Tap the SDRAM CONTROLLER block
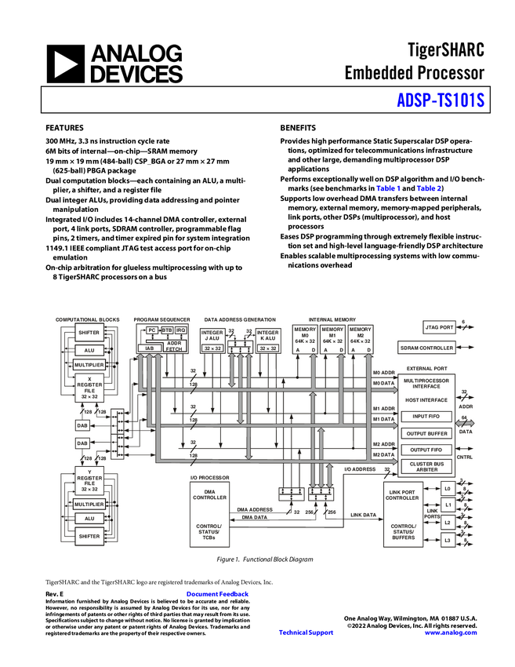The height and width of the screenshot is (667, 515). coord(426,348)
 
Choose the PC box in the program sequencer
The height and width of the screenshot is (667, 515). coord(151,330)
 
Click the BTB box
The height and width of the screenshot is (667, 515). coord(167,330)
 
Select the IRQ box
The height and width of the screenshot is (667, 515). coord(181,330)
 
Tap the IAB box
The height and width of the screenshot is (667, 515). coord(150,348)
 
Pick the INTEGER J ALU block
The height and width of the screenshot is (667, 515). coord(212,340)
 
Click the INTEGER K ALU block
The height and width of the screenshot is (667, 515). coord(268,340)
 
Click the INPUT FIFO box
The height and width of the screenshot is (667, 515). coord(426,416)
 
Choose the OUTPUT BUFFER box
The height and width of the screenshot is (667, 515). coord(426,433)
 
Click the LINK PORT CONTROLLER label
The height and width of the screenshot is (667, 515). coord(403,495)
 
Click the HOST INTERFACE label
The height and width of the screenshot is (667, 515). coord(426,400)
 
